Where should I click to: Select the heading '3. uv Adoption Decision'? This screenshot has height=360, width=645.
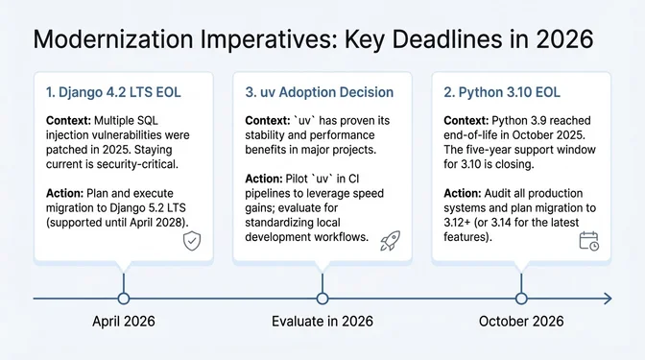pyautogui.click(x=320, y=92)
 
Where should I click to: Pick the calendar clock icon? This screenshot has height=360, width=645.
pyautogui.click(x=588, y=241)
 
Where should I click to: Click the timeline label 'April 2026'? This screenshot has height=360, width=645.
pyautogui.click(x=123, y=322)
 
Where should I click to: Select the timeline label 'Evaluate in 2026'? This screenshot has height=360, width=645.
pyautogui.click(x=322, y=322)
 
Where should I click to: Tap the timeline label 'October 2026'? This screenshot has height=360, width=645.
pyautogui.click(x=521, y=322)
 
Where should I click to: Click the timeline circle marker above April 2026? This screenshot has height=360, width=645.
pyautogui.click(x=123, y=299)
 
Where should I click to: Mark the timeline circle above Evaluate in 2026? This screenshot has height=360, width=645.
pyautogui.click(x=322, y=299)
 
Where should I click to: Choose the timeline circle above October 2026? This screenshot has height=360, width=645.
pyautogui.click(x=521, y=299)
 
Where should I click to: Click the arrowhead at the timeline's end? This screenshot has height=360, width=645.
pyautogui.click(x=607, y=299)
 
